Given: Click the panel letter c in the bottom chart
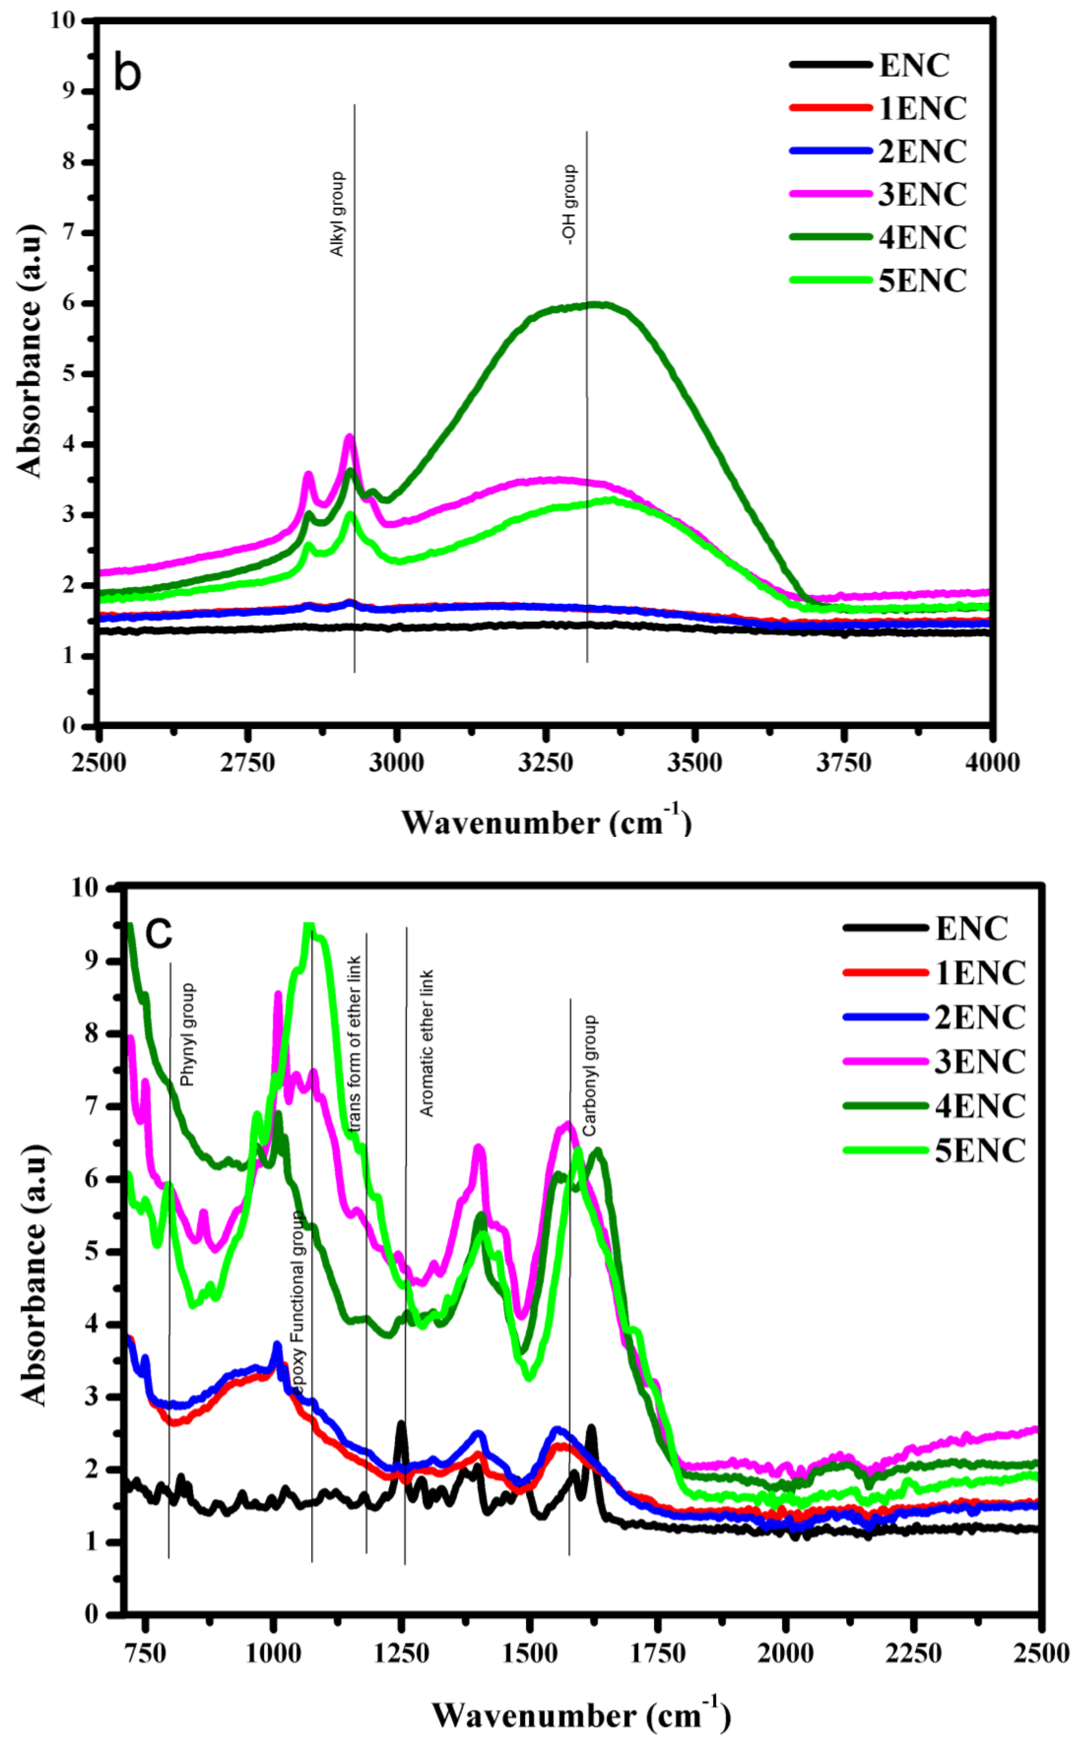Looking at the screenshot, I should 158,932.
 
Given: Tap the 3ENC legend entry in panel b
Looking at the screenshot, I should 922,194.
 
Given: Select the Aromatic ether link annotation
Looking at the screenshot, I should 426,1043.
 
